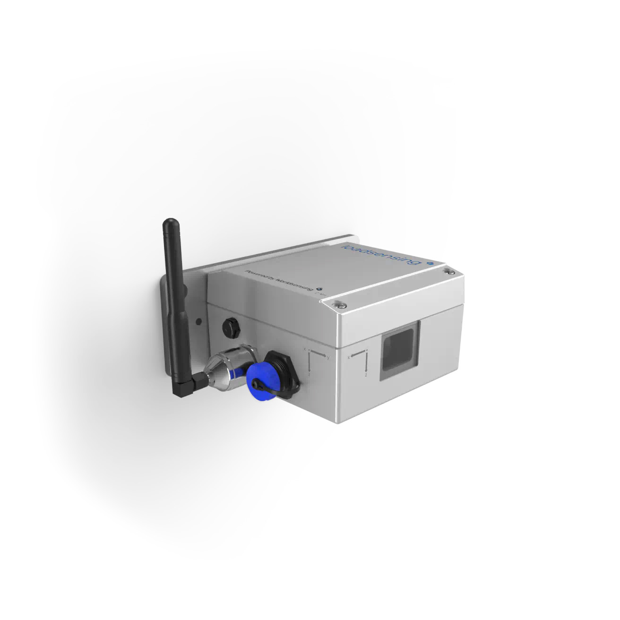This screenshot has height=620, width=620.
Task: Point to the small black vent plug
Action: click(230, 326)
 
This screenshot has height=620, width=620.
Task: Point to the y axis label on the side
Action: click(328, 358)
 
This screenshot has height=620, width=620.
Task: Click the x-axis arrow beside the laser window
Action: click(359, 352)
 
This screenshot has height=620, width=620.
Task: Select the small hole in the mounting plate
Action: click(199, 321)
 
